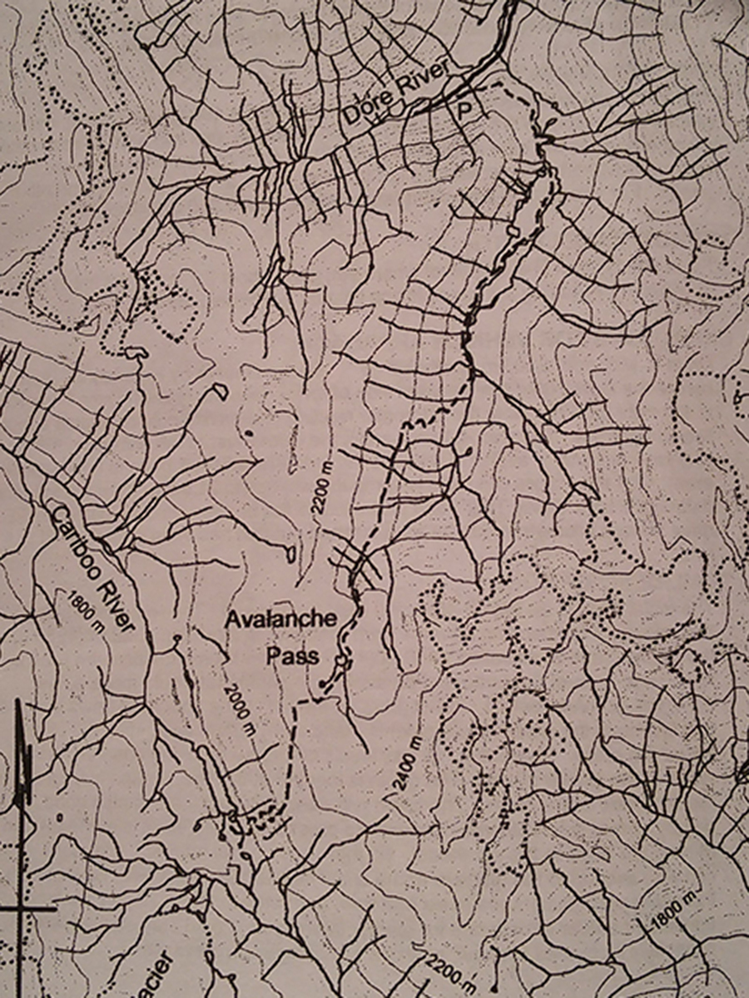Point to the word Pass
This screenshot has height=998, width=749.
292,655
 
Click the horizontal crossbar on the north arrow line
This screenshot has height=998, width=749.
25,909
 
